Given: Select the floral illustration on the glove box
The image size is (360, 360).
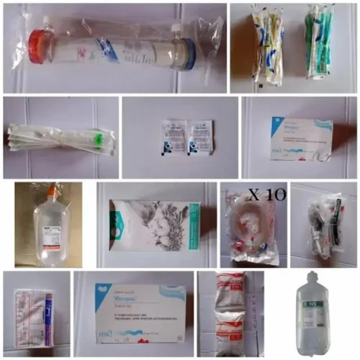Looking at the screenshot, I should pos(148,223).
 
